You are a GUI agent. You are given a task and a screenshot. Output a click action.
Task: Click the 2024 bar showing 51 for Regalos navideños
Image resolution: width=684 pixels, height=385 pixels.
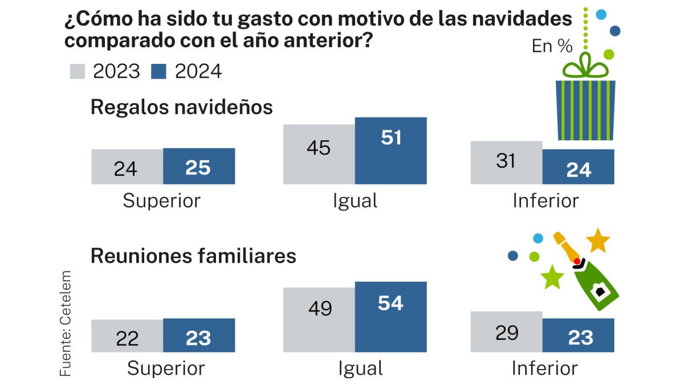(390, 151)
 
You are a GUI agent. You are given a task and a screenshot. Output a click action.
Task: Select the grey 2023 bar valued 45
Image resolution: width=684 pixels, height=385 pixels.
(319, 154)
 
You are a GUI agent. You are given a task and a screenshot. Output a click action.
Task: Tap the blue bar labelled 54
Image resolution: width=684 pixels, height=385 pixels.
(390, 317)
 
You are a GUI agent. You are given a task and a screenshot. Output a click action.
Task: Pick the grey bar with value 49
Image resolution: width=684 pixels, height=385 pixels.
(319, 319)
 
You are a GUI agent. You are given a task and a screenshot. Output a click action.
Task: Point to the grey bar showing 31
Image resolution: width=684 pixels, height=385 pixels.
(506, 162)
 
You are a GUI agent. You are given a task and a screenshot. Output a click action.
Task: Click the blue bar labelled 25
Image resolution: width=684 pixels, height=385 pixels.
(199, 166)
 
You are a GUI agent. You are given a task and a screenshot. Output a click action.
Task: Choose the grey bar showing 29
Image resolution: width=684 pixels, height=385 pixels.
(506, 331)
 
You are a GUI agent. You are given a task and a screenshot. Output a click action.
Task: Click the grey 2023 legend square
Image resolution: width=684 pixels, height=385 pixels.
(76, 72)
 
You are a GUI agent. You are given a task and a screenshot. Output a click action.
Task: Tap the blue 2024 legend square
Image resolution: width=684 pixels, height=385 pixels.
(158, 72)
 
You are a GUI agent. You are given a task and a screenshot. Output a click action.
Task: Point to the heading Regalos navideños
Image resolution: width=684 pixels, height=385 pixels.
(182, 107)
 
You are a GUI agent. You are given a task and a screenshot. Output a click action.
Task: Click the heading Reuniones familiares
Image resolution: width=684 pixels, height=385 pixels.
(193, 256)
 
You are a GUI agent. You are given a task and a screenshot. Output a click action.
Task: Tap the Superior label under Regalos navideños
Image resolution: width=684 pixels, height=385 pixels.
(162, 201)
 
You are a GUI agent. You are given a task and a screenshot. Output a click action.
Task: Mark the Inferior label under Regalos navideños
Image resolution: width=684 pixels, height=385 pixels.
(545, 201)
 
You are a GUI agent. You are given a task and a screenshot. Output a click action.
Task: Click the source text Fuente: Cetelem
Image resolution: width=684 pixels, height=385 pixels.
(66, 322)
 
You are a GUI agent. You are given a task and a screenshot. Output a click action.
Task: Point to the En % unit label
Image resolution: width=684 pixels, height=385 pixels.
(552, 46)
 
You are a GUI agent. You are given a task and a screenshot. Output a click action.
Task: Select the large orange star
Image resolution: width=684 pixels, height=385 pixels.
(598, 241)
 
